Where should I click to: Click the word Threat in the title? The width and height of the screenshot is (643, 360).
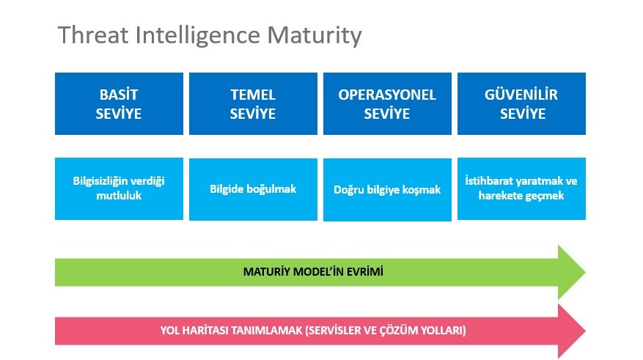[x=93, y=34]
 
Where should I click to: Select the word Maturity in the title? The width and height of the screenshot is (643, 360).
[x=315, y=36]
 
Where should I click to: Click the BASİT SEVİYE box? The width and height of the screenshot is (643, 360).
[x=119, y=103]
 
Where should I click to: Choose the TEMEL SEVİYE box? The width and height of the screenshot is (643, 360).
[x=253, y=103]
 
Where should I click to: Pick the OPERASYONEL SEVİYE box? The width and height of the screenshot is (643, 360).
[x=387, y=103]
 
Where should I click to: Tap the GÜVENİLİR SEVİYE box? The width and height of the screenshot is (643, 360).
[x=521, y=103]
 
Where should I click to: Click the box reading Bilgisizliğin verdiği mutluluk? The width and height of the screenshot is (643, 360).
[x=119, y=188]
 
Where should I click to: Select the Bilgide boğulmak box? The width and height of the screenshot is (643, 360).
[x=253, y=189]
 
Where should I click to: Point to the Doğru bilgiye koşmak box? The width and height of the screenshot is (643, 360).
[x=387, y=190]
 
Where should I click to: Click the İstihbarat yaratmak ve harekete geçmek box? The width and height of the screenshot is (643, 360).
[x=521, y=188]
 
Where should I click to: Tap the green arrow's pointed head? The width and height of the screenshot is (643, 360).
[x=584, y=272]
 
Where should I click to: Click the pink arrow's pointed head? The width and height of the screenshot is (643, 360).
[x=584, y=331]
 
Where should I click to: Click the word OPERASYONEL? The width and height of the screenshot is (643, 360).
[x=387, y=95]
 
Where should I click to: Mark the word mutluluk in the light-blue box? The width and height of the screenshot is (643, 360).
[x=119, y=196]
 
